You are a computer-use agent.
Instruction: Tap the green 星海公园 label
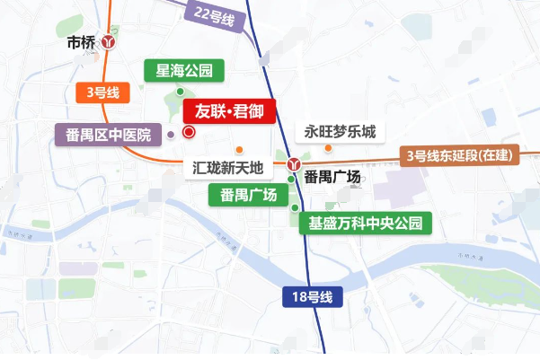[x=184, y=70]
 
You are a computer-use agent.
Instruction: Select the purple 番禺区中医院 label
[x=109, y=136]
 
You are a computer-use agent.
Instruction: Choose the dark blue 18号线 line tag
[x=314, y=297]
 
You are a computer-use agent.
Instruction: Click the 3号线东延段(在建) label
[x=460, y=155]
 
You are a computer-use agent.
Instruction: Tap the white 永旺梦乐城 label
[x=339, y=131]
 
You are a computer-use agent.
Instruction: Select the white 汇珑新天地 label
[x=229, y=167]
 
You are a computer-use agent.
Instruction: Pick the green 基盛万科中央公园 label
[x=365, y=224]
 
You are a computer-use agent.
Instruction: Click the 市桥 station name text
[x=82, y=41]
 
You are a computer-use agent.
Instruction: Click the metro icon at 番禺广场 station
[x=295, y=164]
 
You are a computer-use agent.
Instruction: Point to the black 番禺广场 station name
[x=332, y=177]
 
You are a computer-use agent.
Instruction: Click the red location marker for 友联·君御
[x=189, y=132]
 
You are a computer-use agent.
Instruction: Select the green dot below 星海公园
[x=181, y=92]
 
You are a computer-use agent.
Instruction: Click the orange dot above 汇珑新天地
[x=239, y=149]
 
